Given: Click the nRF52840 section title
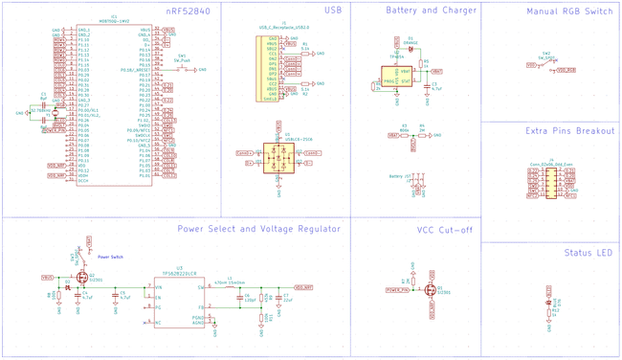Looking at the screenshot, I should (188, 11).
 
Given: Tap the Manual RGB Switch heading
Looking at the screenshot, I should (570, 11).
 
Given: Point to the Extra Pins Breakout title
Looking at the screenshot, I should (570, 130).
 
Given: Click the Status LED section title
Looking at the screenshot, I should (589, 253).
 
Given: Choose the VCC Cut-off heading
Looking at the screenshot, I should (445, 230).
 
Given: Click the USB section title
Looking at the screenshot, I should (332, 11).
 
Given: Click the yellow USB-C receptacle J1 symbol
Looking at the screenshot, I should (272, 68).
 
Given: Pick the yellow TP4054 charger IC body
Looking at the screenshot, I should (396, 77).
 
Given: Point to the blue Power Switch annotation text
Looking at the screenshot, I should (110, 257).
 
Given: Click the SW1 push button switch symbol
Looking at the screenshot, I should (182, 70).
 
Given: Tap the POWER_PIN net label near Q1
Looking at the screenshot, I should (397, 290).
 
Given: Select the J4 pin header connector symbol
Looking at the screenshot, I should (550, 182).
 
